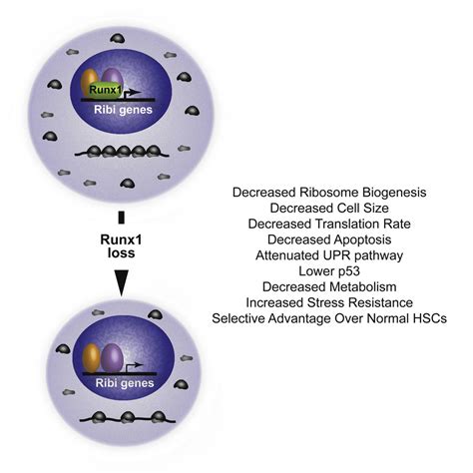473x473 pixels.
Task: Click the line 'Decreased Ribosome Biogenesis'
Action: (x=328, y=191)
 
